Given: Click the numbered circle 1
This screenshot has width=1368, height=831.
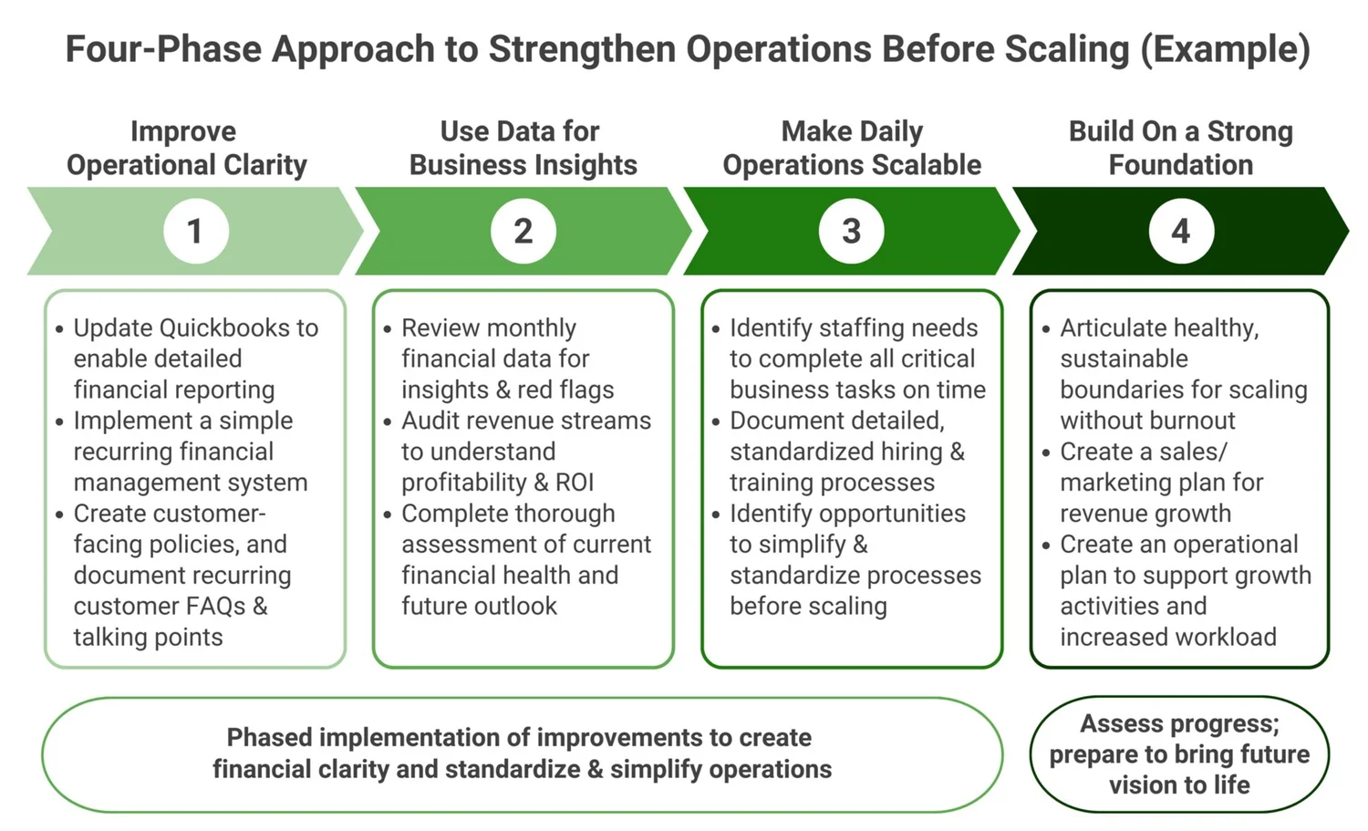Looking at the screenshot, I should (x=195, y=231).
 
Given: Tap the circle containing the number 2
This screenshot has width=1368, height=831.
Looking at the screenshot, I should (x=523, y=231).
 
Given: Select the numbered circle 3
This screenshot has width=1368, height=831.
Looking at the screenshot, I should (x=852, y=231).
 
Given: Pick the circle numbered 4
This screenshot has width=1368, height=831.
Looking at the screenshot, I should (x=1181, y=231).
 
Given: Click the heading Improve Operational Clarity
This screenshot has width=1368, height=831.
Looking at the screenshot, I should (x=186, y=148).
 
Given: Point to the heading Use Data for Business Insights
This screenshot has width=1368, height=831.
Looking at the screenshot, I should (x=523, y=148).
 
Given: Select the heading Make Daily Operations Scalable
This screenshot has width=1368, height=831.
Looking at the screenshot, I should (x=852, y=148).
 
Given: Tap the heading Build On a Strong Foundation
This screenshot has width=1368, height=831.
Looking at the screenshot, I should (x=1181, y=148).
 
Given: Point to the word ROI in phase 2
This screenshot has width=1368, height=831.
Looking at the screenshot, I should (x=575, y=483).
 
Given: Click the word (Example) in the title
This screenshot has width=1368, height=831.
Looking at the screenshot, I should (x=1225, y=49).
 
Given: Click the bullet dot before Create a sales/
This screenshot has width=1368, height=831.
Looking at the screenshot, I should (x=1046, y=452).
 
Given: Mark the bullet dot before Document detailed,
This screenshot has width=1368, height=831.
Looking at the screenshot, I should (x=716, y=421).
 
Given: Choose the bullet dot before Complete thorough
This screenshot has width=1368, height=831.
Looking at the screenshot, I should (x=388, y=514).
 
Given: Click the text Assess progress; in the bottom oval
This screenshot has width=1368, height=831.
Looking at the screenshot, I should (x=1180, y=724).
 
